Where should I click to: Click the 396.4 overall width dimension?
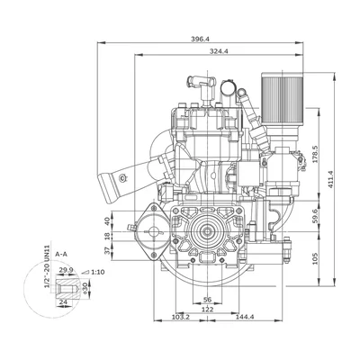click(x=200, y=39)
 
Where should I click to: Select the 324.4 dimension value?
click(x=219, y=51)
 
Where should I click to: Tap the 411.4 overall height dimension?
click(x=330, y=179)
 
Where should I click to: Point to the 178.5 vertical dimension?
click(x=315, y=154)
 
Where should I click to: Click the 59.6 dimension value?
click(x=315, y=216)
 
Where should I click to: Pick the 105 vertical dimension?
click(x=315, y=258)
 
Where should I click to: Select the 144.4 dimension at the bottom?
click(x=245, y=317)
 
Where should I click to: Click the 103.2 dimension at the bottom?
click(x=180, y=317)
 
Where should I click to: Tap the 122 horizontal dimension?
click(x=208, y=310)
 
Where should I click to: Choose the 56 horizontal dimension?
click(x=207, y=300)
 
